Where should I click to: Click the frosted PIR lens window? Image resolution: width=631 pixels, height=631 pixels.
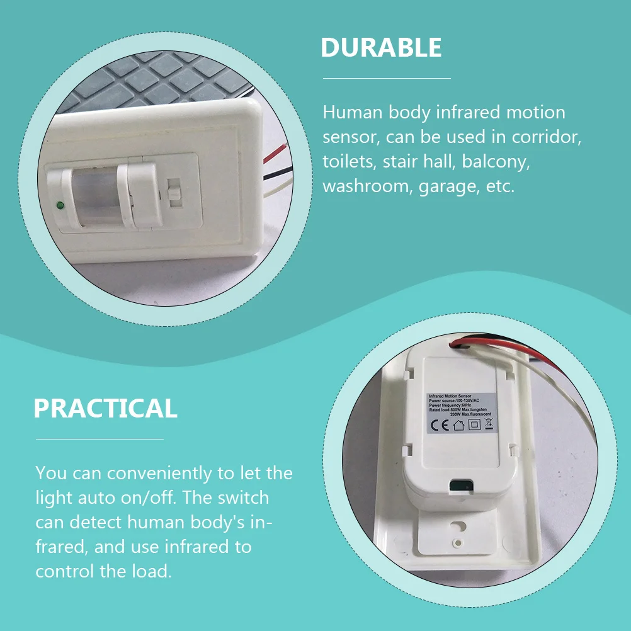(x=97, y=196)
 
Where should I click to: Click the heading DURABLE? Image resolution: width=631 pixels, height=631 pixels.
(x=381, y=48)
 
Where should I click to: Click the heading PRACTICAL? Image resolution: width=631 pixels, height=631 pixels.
(x=105, y=409)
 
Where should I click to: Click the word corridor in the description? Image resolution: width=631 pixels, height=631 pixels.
(x=546, y=137)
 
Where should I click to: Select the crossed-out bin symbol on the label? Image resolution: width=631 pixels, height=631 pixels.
(x=488, y=423)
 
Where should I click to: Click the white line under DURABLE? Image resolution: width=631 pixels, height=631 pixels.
(x=387, y=79)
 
